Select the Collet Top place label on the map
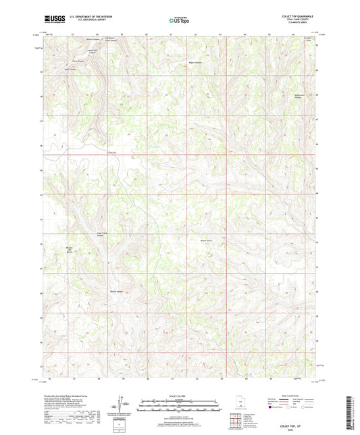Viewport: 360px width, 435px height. pos(103,153)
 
